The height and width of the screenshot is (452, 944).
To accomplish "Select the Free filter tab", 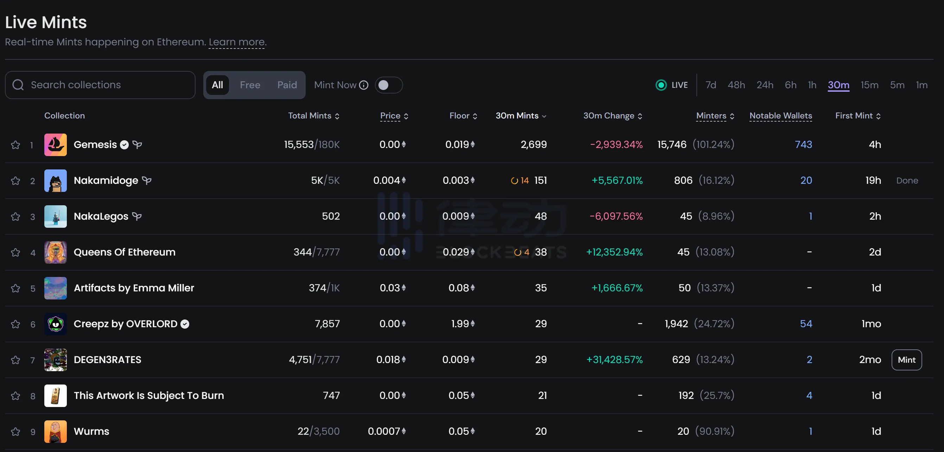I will (x=250, y=85).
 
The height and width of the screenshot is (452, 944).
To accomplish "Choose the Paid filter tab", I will (x=287, y=85).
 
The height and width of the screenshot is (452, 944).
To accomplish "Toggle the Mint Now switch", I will (x=388, y=85).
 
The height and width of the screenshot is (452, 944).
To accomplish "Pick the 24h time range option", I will (x=765, y=85).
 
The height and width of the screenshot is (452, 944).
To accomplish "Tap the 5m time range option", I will (x=897, y=85).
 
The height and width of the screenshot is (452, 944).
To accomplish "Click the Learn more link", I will (x=237, y=42).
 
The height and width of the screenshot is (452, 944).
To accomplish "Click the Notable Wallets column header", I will (x=780, y=116).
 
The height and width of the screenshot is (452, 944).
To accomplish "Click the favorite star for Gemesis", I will (x=15, y=145).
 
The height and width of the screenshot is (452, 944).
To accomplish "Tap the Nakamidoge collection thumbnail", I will (x=55, y=181).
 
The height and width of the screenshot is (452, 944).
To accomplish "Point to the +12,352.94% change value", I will (x=614, y=252).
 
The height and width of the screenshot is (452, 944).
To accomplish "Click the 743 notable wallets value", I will (x=803, y=145).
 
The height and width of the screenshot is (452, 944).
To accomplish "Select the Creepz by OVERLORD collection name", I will (x=125, y=324).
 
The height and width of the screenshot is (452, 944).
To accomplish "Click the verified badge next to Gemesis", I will (x=125, y=145).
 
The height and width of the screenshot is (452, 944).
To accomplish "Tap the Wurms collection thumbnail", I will (x=55, y=432).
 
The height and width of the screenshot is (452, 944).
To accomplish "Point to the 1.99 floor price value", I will (x=460, y=324).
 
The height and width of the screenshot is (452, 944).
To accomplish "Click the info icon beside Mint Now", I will (x=364, y=85).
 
